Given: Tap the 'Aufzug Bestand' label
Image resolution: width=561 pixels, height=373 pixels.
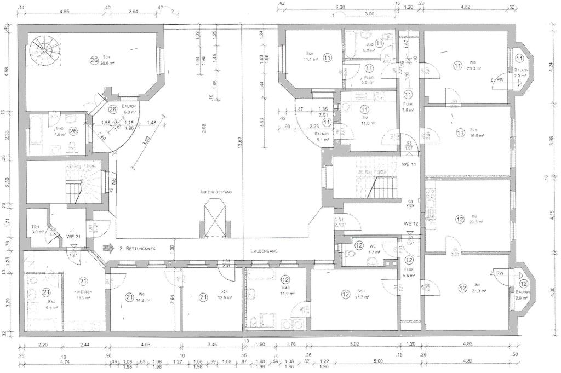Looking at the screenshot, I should [216, 192].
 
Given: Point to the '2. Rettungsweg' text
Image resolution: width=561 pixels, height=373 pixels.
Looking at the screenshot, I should [138, 249].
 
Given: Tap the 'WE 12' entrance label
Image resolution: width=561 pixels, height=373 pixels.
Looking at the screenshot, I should [411, 223].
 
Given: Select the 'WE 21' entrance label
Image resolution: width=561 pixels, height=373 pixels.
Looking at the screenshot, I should [73, 236].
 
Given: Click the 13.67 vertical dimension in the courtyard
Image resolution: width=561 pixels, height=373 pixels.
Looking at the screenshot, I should [239, 142].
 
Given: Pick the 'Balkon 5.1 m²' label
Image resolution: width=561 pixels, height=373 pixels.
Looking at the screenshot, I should [322, 136].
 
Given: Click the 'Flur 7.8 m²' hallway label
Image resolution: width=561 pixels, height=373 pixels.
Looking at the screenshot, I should [408, 107].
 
